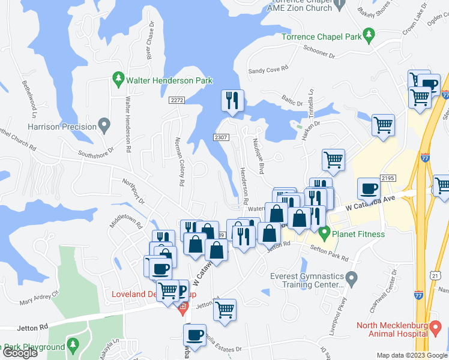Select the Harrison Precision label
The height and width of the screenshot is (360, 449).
click(62, 127)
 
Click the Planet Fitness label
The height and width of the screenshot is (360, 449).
click(360, 233)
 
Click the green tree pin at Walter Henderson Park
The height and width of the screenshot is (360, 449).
click(118, 78)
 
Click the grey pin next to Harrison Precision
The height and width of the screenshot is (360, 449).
click(105, 127)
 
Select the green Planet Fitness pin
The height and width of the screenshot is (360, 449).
click(325, 233)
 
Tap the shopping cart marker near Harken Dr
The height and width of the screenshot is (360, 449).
click(382, 125)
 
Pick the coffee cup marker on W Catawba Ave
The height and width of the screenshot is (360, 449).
click(369, 188)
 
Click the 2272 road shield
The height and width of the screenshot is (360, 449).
click(176, 100)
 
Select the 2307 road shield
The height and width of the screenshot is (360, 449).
click(221, 137)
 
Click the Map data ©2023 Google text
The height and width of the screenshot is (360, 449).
click(411, 355)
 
